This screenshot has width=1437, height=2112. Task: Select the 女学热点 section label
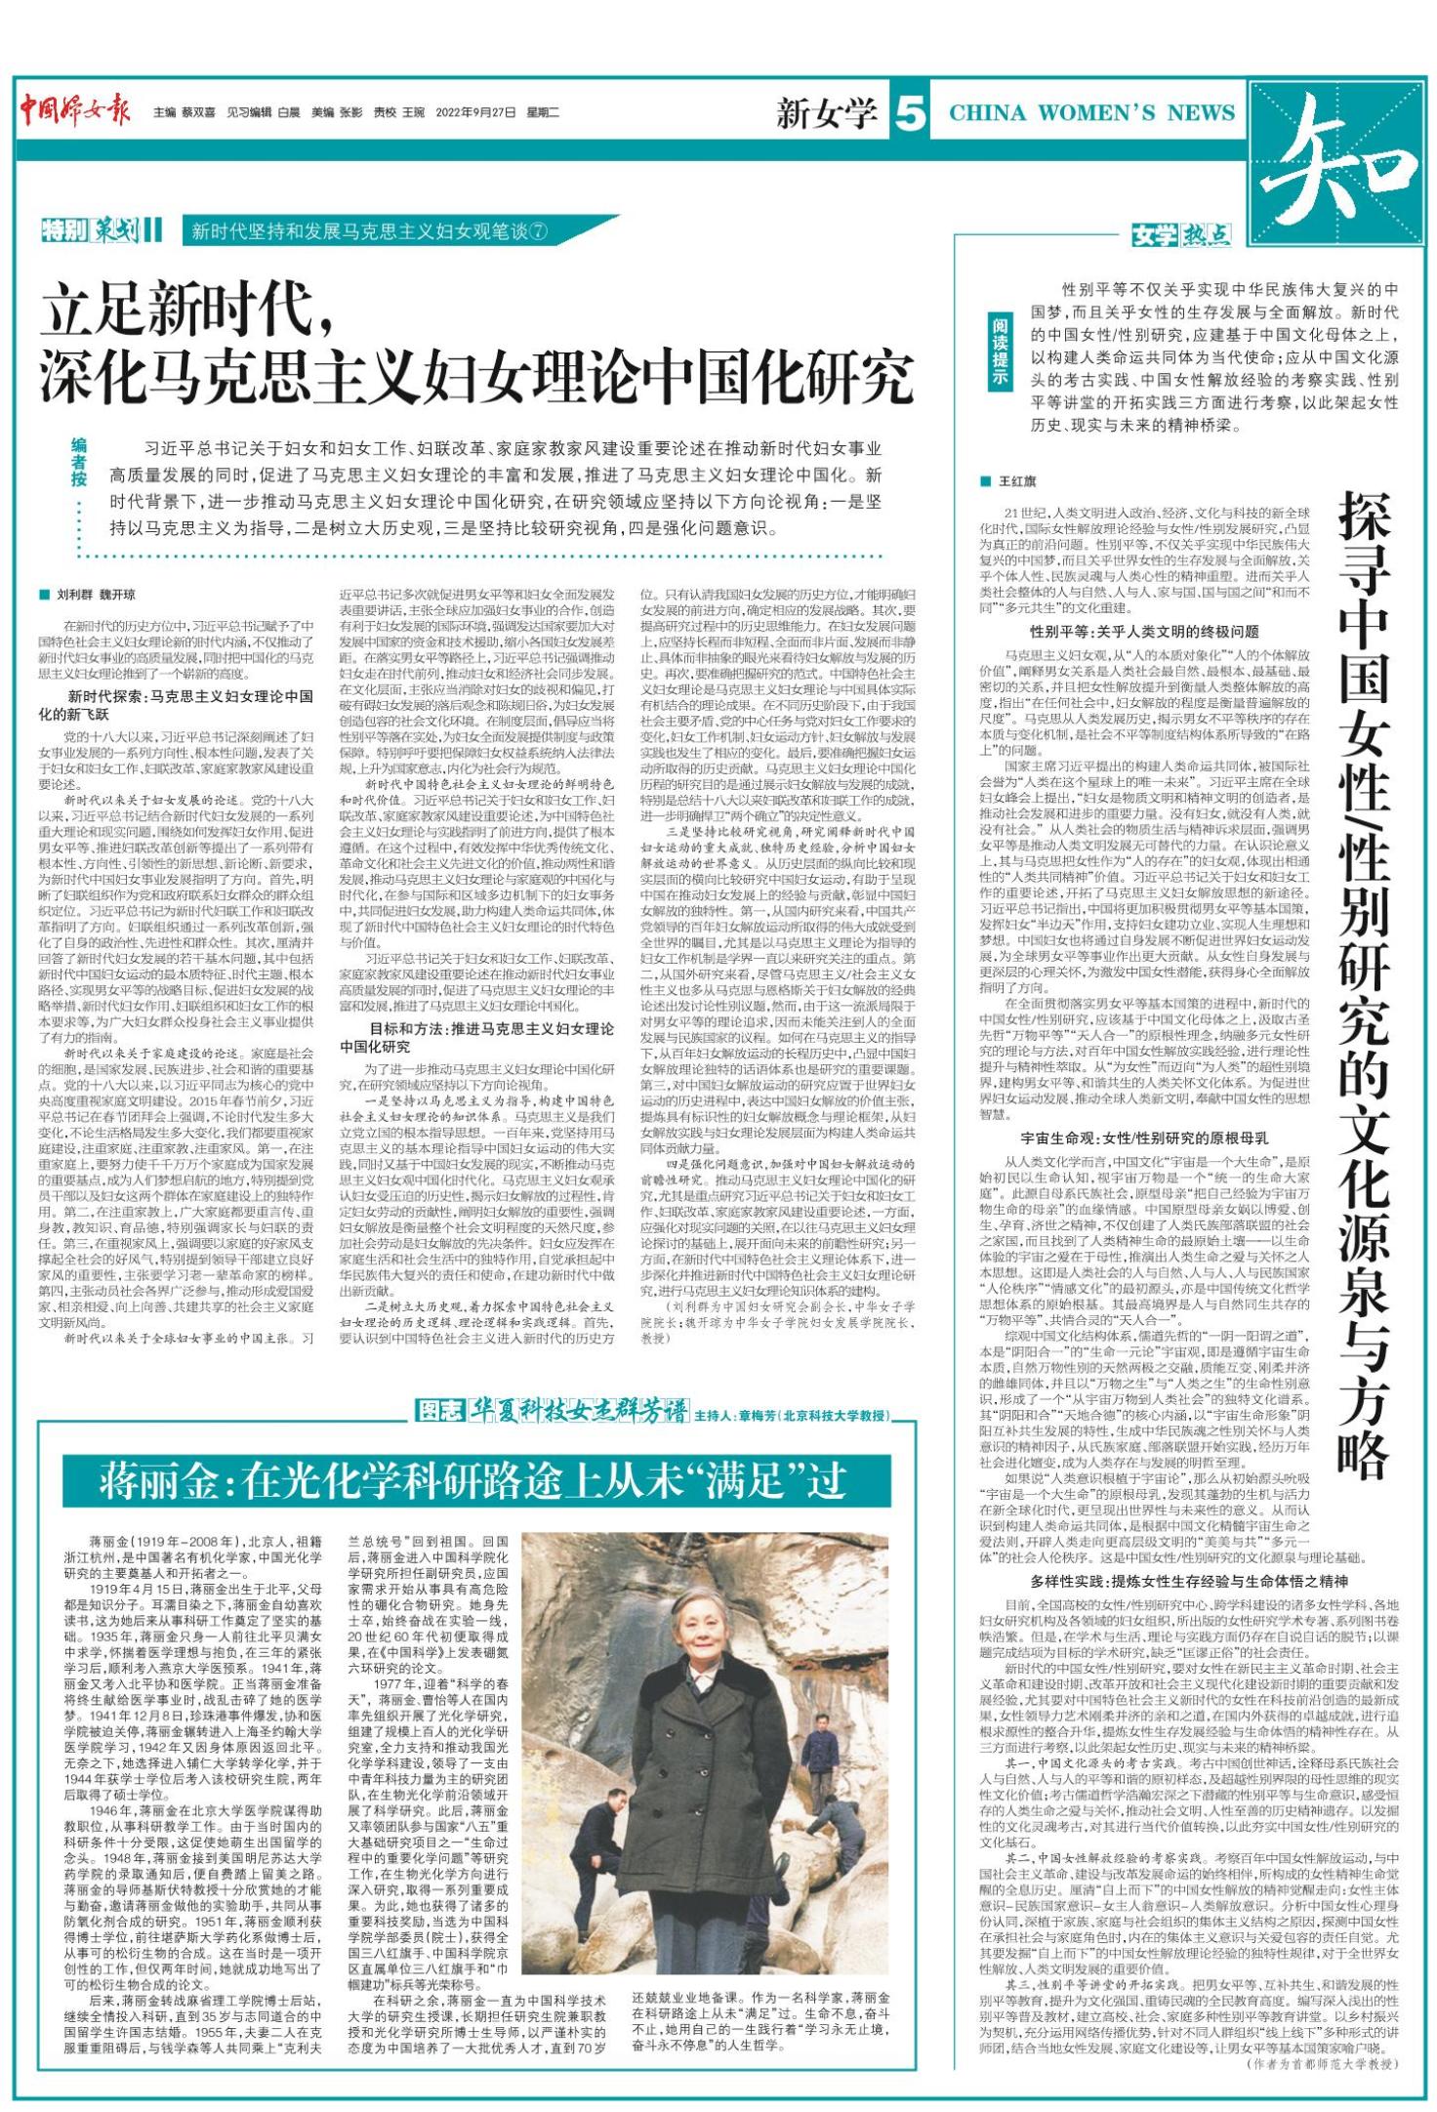(x=1180, y=236)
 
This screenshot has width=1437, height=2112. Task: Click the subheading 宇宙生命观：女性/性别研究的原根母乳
(x=1143, y=1139)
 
